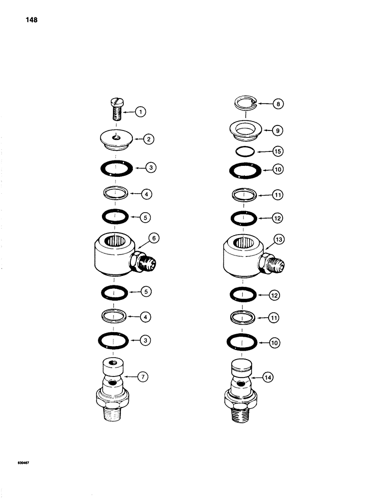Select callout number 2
pyautogui.click(x=148, y=139)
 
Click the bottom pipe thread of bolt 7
pyautogui.click(x=115, y=413)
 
